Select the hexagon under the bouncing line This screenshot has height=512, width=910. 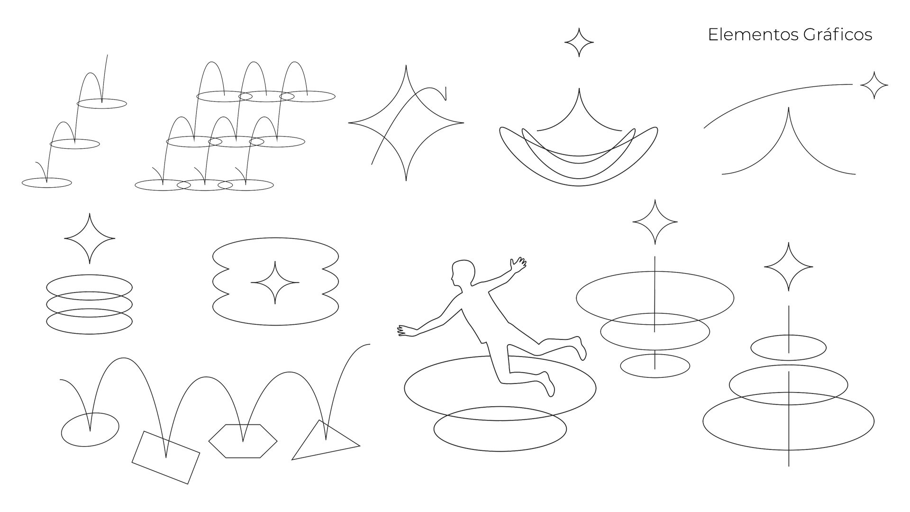pos(243,441)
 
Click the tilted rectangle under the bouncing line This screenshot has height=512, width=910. pos(165,457)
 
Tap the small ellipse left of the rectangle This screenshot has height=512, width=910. pos(90,430)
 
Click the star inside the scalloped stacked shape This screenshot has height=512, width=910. pos(275,283)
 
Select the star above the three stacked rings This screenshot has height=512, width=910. pos(90,238)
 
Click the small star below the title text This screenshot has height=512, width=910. pos(874,85)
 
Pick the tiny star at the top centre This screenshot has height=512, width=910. pos(579,43)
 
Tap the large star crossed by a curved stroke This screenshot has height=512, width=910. pos(406,123)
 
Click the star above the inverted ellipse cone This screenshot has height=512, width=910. pos(655,222)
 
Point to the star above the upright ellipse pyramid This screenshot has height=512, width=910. pos(789,267)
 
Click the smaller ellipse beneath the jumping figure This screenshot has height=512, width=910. pos(500,429)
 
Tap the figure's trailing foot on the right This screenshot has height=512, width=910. pos(580,348)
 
